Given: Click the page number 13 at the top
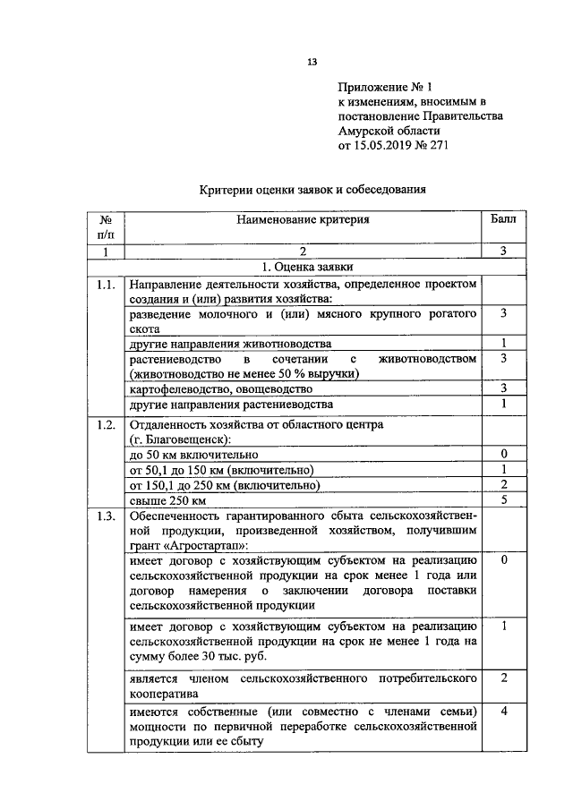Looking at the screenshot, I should point(312,62).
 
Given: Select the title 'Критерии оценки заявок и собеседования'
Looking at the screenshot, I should point(311,189).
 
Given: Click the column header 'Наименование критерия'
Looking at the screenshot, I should point(303,219).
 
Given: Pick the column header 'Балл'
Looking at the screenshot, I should point(504,219).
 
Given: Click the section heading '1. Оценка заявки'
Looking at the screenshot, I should point(307,268).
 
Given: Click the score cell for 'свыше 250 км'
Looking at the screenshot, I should point(504,500).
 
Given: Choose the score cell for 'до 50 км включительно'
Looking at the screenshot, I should point(504,455).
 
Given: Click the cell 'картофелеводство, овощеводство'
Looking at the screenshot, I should point(220,389).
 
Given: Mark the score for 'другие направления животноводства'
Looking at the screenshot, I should point(504,344).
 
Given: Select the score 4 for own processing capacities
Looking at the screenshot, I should point(504,712).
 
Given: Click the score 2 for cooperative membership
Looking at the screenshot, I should point(504,678).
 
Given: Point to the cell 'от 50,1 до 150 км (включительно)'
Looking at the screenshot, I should point(221,470).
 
